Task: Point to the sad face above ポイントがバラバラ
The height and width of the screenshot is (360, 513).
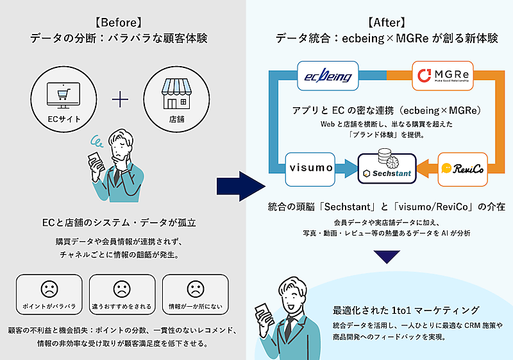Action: pos(48,287)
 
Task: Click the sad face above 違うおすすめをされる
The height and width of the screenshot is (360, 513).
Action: pos(121,287)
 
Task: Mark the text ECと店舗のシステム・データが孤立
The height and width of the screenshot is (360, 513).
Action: pos(121,223)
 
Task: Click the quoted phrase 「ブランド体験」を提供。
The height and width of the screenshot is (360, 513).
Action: pos(387,135)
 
